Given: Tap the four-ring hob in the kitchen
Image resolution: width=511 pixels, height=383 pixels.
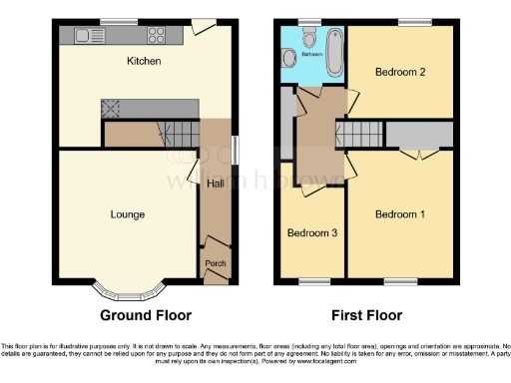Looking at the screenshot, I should [x=157, y=37].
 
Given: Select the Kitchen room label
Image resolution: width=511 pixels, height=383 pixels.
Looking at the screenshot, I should [x=144, y=62].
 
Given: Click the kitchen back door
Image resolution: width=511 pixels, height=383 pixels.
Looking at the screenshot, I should [x=205, y=27].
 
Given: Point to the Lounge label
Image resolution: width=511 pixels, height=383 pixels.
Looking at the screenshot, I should [x=128, y=214].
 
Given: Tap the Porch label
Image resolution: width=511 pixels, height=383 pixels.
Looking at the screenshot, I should [x=215, y=263].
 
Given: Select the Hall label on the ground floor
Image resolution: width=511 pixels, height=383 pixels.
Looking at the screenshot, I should [x=215, y=184].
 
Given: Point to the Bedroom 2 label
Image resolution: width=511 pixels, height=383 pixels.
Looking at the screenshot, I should [x=400, y=72].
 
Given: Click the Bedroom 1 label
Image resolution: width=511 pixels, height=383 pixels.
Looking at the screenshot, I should [x=400, y=214].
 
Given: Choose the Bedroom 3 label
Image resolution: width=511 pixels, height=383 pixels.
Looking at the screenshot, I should [x=312, y=233].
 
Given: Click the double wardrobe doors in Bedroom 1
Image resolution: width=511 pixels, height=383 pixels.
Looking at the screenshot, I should [x=418, y=156].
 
